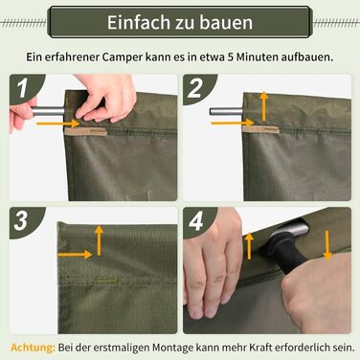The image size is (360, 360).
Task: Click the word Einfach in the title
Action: (x=139, y=22)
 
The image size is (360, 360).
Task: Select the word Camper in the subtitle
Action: (x=123, y=57)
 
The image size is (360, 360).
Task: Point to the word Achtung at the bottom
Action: (x=33, y=348)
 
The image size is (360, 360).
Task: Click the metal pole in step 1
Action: (x=48, y=112)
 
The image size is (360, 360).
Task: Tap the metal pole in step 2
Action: (x=226, y=112)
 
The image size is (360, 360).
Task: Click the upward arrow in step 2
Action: (x=263, y=106)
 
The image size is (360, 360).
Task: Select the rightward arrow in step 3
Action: (x=75, y=255)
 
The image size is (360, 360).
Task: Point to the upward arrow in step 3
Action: (x=100, y=240)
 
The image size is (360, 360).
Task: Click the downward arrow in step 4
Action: (x=327, y=245)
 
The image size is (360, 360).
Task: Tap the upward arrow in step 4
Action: (x=249, y=246)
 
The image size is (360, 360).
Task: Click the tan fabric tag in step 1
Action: (x=85, y=131)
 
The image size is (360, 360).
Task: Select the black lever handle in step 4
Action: (x=288, y=253)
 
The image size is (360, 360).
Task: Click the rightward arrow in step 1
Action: (x=58, y=124)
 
